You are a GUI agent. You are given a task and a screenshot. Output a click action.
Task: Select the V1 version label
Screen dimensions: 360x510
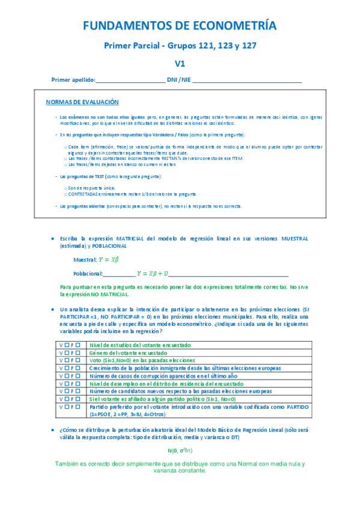tap(180, 63)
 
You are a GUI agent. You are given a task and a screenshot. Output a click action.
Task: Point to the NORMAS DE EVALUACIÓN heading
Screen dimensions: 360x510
tap(82, 103)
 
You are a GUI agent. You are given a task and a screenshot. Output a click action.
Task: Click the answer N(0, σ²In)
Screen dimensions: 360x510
tap(180, 451)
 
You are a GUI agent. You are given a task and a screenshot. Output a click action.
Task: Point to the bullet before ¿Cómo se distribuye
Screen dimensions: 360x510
tap(54, 431)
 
